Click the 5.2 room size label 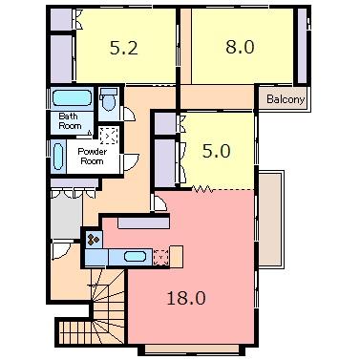click(x=123, y=48)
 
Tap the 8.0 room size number click(x=240, y=47)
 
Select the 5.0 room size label click(x=217, y=151)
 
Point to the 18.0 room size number click(x=186, y=298)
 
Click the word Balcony click(x=286, y=99)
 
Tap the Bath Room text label click(x=70, y=121)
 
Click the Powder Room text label click(x=93, y=156)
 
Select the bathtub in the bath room click(x=72, y=97)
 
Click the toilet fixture click(x=108, y=98)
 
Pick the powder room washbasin click(x=58, y=157)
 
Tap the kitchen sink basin click(x=136, y=257)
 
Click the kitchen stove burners click(x=94, y=240)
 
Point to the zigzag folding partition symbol click(x=202, y=189)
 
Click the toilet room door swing click(x=130, y=114)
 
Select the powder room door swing click(x=131, y=161)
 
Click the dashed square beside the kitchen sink click(x=160, y=258)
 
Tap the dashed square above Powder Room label click(x=109, y=136)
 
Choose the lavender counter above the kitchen click(x=143, y=223)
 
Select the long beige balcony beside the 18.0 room click(x=270, y=220)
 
